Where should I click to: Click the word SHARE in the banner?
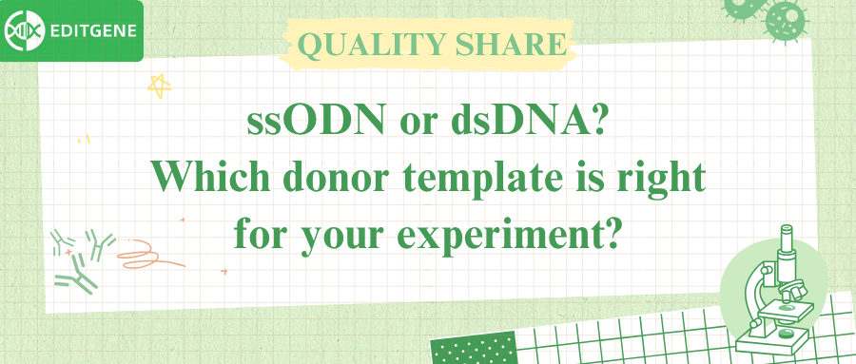514,45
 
